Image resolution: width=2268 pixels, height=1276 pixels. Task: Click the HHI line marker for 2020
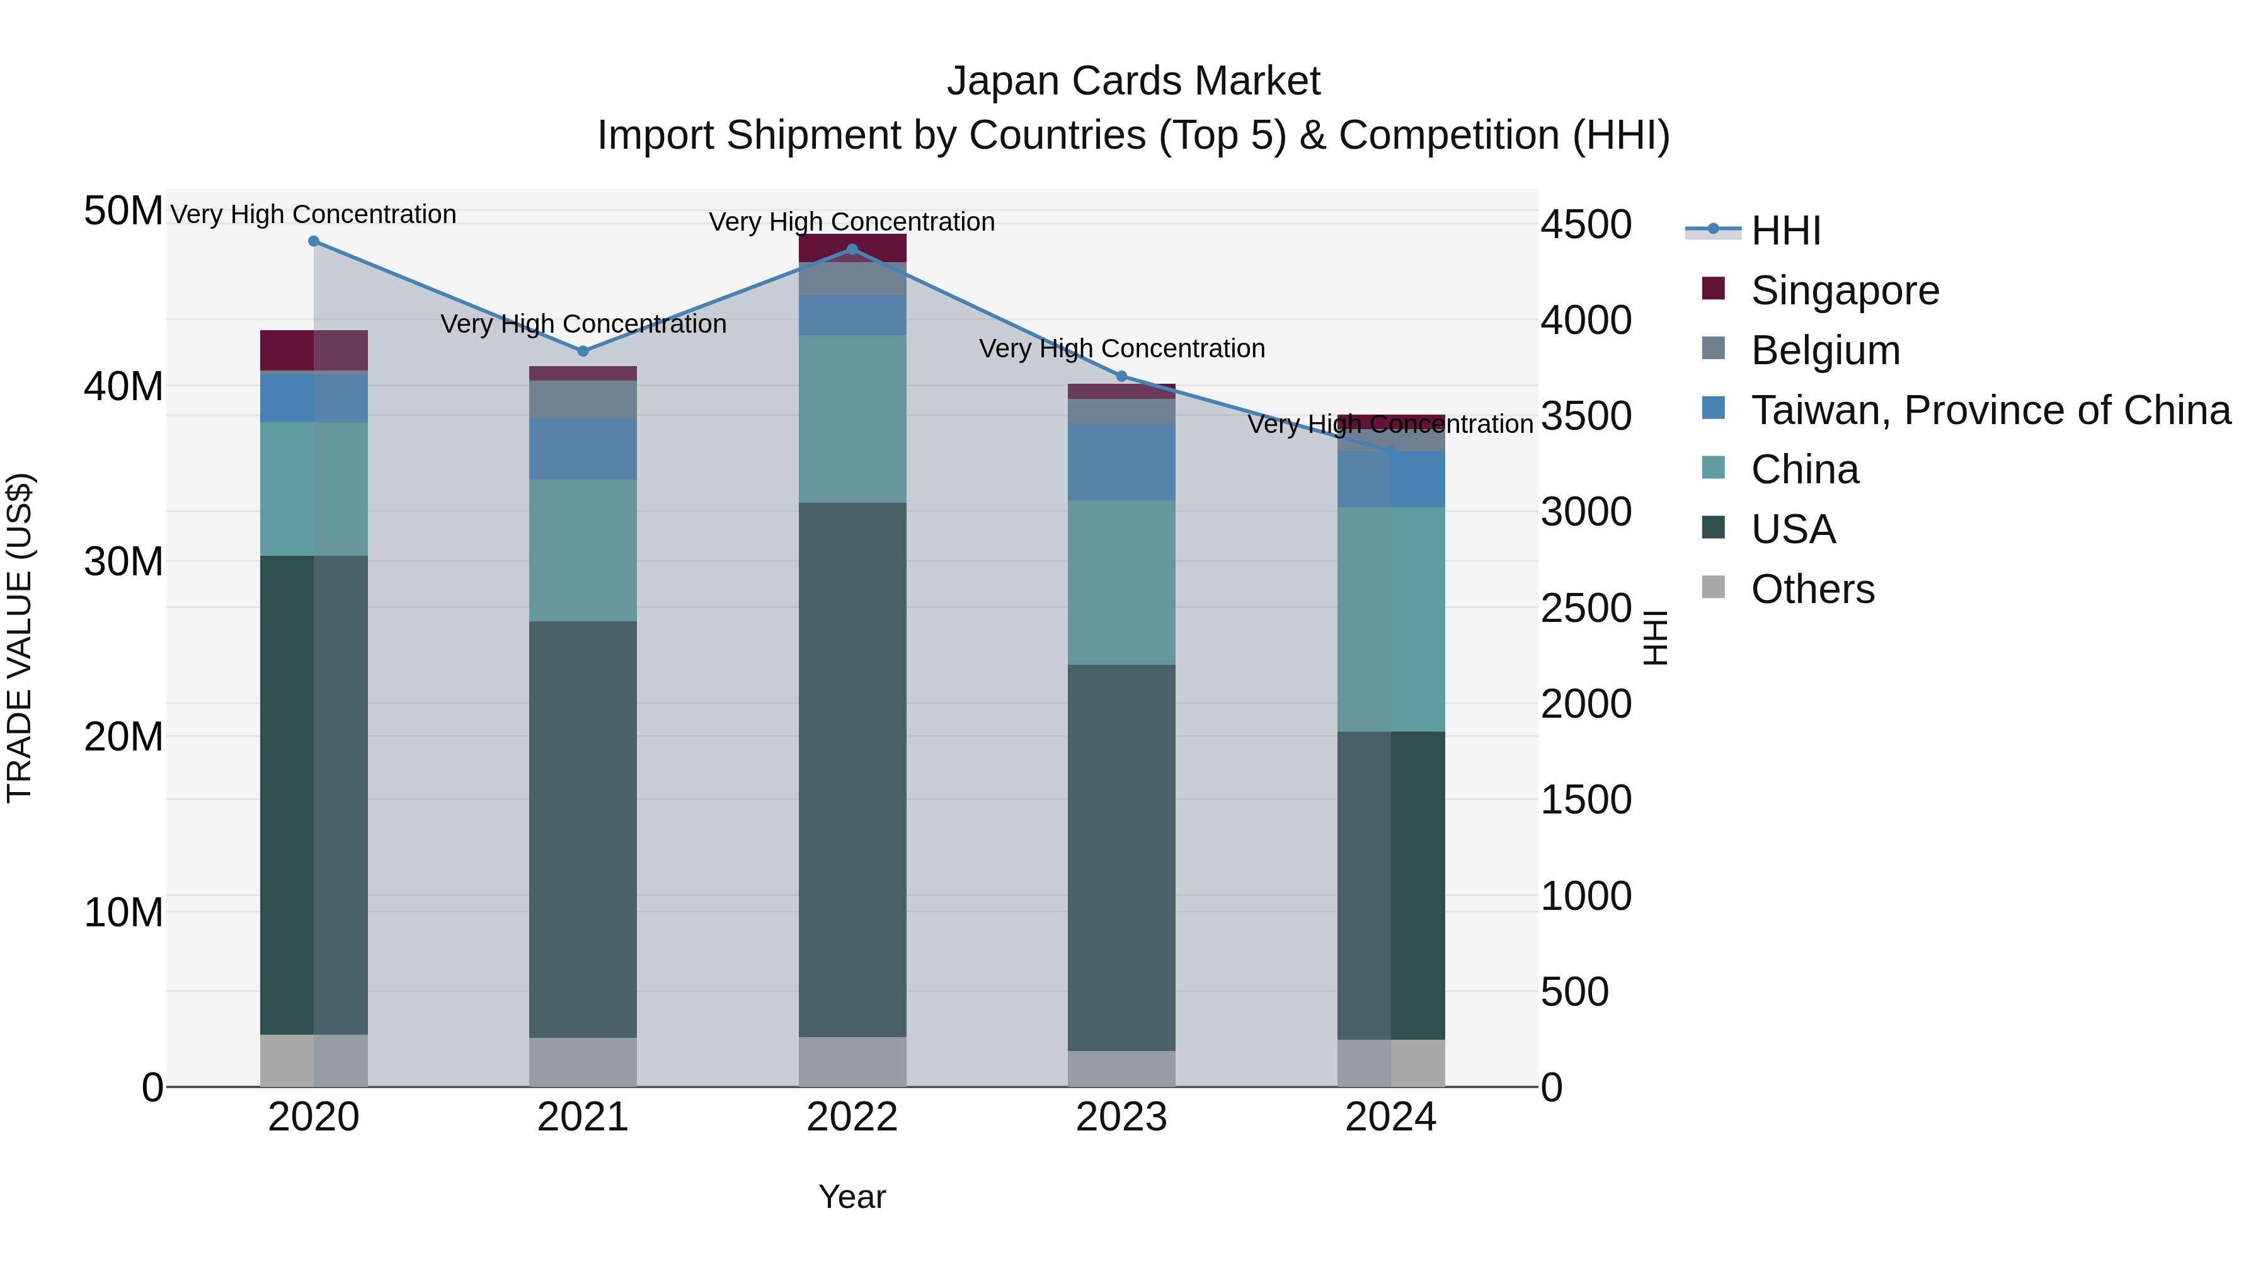point(314,241)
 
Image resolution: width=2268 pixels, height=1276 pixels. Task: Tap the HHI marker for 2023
point(1121,377)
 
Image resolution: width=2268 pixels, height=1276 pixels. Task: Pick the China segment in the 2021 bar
point(582,550)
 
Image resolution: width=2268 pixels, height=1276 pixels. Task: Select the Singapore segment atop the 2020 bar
point(314,350)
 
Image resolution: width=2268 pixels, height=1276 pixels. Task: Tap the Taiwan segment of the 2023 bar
point(1121,463)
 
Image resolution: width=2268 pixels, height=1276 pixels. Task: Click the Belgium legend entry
point(1824,350)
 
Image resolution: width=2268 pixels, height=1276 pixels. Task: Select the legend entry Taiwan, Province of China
point(1990,410)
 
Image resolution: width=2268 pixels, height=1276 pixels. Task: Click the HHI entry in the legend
point(1785,231)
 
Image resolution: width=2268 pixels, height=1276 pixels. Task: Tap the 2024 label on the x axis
point(1390,1117)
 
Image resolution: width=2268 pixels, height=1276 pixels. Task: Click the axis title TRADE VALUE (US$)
point(20,638)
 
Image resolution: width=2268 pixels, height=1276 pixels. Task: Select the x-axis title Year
point(851,1197)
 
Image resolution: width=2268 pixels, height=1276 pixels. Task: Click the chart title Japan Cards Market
point(1133,81)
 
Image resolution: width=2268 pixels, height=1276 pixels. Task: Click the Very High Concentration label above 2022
point(851,222)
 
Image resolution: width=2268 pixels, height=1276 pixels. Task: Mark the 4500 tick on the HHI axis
point(1586,224)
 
